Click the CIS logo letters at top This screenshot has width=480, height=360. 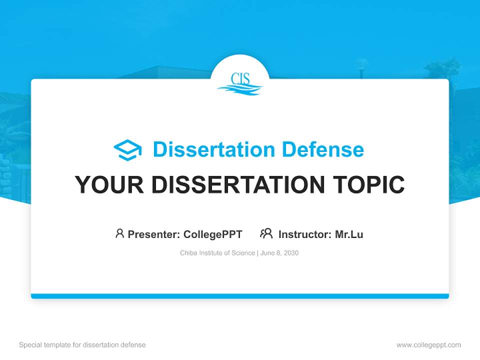tap(240, 78)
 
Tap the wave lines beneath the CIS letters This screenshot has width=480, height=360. tap(240, 89)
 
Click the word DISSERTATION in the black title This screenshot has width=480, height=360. tap(237, 185)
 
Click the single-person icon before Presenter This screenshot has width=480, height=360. tap(119, 233)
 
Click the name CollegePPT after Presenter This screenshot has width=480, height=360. tap(213, 234)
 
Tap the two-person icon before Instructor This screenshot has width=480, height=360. tap(266, 233)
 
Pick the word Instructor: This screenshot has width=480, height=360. tap(305, 234)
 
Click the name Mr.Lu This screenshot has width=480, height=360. tap(349, 234)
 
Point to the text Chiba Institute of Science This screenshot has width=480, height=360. tap(217, 253)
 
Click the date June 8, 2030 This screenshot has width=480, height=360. tap(279, 253)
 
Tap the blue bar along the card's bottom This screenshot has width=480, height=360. tap(240, 296)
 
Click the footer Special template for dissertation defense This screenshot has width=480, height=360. tap(82, 345)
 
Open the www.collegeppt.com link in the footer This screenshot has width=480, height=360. tap(428, 345)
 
